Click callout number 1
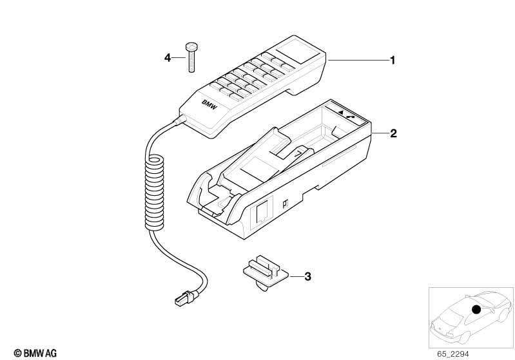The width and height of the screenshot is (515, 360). [x=392, y=61]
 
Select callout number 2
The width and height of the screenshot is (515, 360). [x=393, y=133]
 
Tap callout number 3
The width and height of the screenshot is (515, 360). [x=307, y=277]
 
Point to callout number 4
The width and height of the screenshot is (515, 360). [x=168, y=58]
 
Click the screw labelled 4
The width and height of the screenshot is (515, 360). [x=191, y=57]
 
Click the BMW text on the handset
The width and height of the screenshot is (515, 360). [x=209, y=104]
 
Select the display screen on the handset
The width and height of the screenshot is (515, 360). [x=297, y=52]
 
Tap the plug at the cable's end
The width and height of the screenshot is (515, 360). [x=187, y=298]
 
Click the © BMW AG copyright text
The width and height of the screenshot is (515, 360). [x=35, y=353]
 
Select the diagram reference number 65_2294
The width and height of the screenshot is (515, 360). [x=453, y=354]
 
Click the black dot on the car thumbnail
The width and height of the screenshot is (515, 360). [x=476, y=309]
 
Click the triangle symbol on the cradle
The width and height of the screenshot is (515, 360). [x=340, y=112]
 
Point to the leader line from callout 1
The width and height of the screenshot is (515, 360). [x=358, y=61]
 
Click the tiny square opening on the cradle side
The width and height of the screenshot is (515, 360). [x=285, y=204]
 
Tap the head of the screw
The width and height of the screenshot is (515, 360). [x=191, y=46]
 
